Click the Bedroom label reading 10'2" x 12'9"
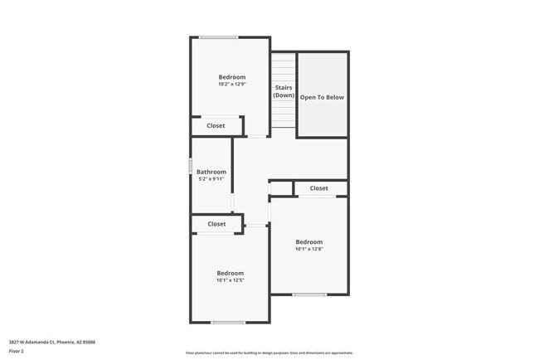[x=231, y=77]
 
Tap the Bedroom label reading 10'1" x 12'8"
[x=308, y=241]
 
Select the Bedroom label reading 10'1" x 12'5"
[x=231, y=273]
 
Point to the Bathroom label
[x=211, y=172]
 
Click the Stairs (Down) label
[x=284, y=90]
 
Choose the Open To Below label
[x=322, y=97]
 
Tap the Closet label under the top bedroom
[x=216, y=126]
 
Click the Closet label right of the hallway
[x=319, y=188]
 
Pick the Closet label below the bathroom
[x=216, y=224]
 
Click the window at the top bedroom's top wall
[x=219, y=37]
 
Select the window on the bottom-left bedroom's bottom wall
[x=227, y=323]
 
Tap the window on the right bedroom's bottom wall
[x=309, y=294]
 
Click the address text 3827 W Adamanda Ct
[x=52, y=341]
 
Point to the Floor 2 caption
[x=17, y=351]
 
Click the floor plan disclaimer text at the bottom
[x=269, y=353]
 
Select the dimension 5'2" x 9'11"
[x=211, y=178]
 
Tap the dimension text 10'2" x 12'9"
[x=231, y=84]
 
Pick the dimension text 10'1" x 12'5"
[x=231, y=280]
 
